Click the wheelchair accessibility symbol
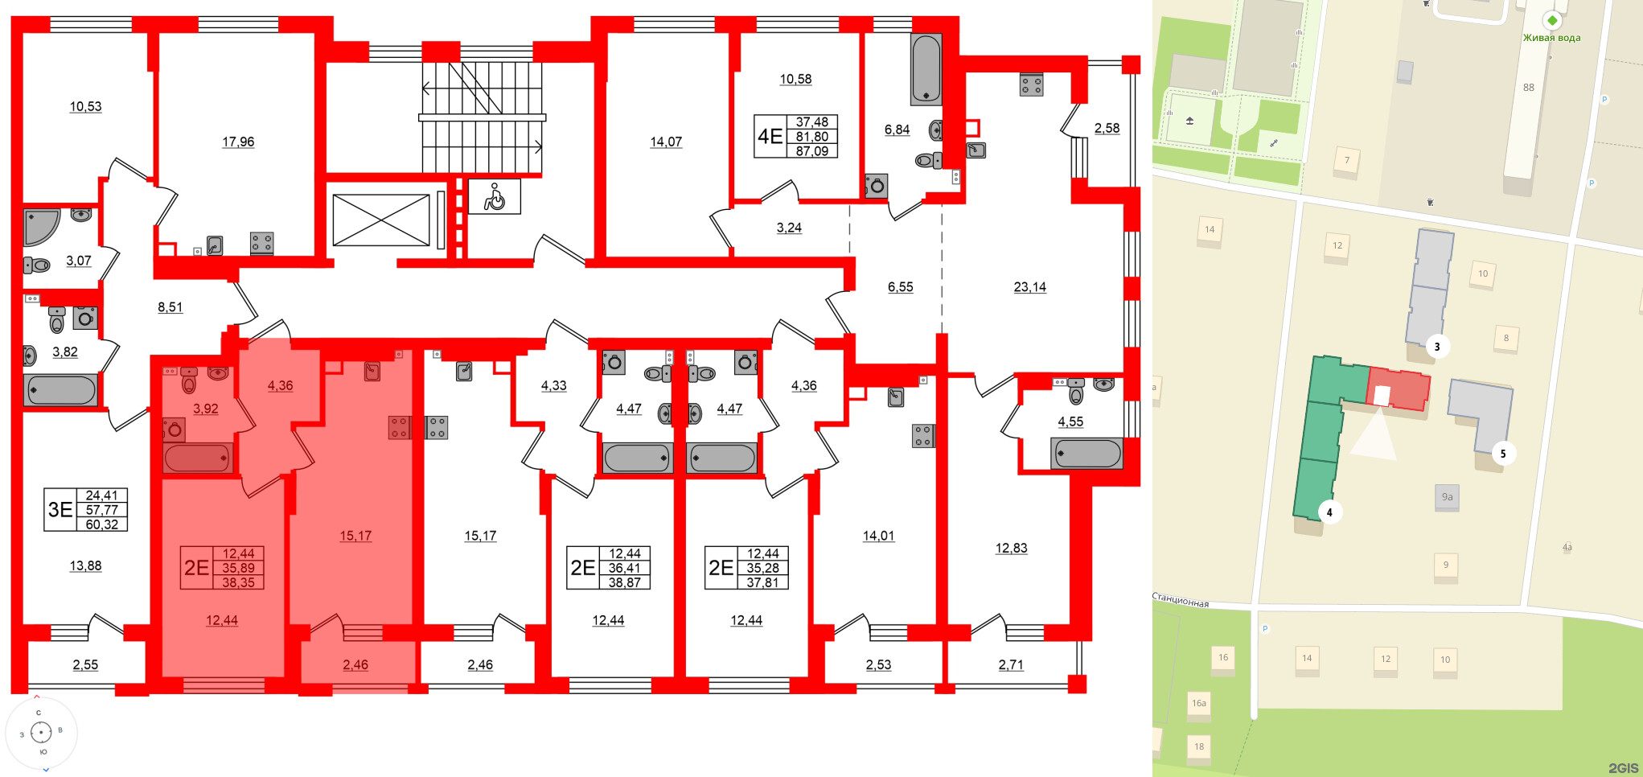pos(494,196)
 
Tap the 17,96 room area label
pos(238,142)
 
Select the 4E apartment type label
pos(770,137)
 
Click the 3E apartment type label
pos(60,509)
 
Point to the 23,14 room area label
pos(1029,287)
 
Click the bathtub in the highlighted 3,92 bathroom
pos(198,458)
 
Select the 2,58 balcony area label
pos(1107,128)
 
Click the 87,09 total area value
pos(812,151)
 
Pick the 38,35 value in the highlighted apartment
pos(238,582)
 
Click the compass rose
pos(41,732)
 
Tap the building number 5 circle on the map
pos(1502,454)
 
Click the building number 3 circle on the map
pos(1436,347)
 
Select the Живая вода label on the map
pos(1551,38)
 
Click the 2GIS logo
pos(1623,768)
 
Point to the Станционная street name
pos(1181,601)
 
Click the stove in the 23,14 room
pos(1031,84)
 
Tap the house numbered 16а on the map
pos(1198,704)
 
